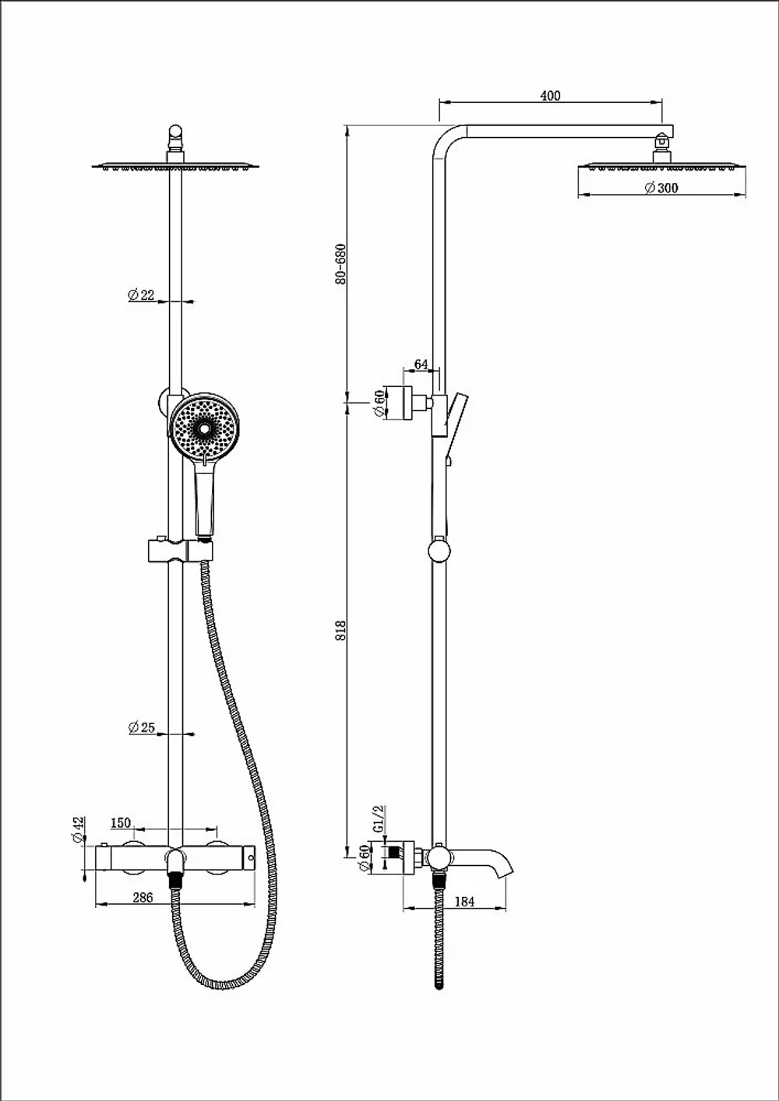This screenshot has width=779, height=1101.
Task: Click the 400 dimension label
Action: (x=550, y=95)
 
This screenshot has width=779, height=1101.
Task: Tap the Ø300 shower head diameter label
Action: (x=661, y=188)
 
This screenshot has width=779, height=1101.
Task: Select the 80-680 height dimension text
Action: (x=340, y=264)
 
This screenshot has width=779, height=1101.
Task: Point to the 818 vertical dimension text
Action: (x=340, y=631)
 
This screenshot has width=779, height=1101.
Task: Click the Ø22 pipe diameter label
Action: (x=141, y=295)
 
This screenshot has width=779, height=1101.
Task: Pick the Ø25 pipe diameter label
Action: (x=142, y=727)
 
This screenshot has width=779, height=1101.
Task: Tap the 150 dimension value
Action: (x=121, y=823)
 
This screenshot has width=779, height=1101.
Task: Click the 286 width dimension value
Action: (x=143, y=898)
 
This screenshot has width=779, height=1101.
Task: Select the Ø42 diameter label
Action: (x=79, y=830)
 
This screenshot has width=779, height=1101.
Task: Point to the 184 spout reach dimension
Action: (x=464, y=902)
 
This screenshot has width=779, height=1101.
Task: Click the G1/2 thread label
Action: (x=379, y=818)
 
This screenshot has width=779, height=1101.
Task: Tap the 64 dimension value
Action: (x=421, y=364)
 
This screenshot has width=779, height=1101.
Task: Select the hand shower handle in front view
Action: (x=205, y=498)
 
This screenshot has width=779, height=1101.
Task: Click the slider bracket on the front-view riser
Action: (x=180, y=551)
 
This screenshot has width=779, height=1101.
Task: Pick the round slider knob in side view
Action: (x=439, y=550)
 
